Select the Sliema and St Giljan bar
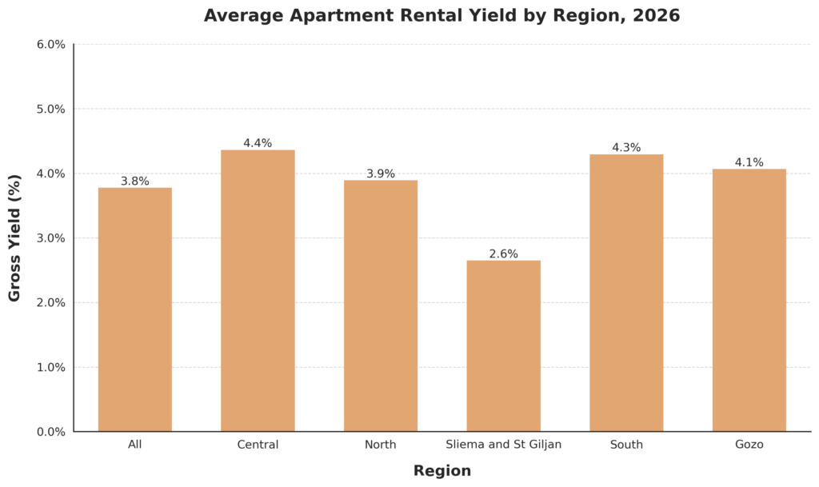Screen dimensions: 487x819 (x=503, y=345)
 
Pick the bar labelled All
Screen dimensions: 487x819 (x=134, y=309)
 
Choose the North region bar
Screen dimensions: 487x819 (x=380, y=305)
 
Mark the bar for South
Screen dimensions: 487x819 (x=626, y=293)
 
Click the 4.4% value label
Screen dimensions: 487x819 (x=258, y=143)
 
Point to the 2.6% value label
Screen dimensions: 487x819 (x=503, y=253)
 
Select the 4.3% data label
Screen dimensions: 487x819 (x=626, y=147)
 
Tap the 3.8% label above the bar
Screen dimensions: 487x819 (x=134, y=182)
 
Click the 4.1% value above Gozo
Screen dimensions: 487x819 (x=749, y=162)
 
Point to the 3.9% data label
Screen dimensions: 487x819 (x=380, y=174)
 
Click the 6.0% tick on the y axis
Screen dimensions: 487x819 (x=50, y=44)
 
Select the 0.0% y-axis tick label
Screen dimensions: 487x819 (x=50, y=432)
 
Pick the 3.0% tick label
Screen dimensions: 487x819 (x=50, y=238)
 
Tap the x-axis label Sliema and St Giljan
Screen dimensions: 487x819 (x=503, y=445)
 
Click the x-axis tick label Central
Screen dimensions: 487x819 (x=258, y=445)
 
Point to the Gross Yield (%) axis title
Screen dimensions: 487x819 (x=14, y=238)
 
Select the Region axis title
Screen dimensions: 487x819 (x=441, y=471)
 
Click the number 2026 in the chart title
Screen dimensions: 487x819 (x=653, y=16)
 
